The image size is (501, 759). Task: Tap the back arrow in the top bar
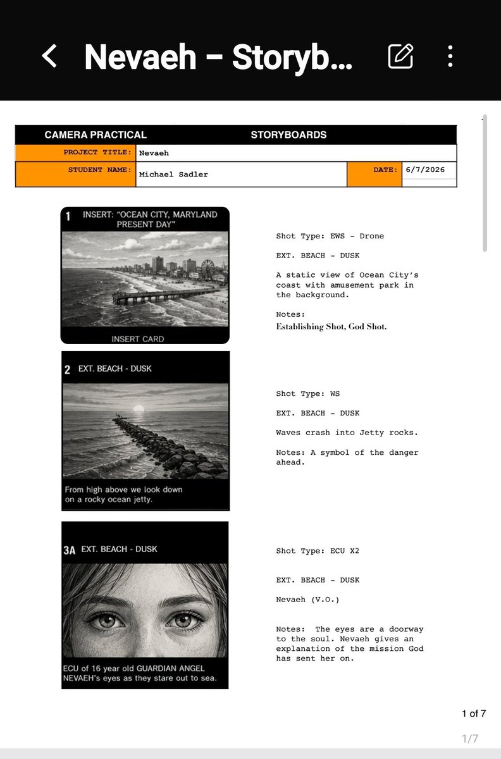(x=49, y=56)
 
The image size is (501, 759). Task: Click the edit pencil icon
(x=400, y=56)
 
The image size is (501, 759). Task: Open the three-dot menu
(x=450, y=56)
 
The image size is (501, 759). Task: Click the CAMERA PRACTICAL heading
(x=96, y=135)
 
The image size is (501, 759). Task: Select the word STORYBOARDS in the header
(x=289, y=135)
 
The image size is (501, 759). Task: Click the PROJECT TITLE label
(x=97, y=152)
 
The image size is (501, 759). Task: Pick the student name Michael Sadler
(x=173, y=174)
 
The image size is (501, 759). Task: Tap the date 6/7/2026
(x=425, y=170)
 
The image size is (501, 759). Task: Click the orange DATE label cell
(x=374, y=174)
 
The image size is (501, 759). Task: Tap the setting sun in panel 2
(x=139, y=409)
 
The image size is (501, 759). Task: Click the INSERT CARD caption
(x=138, y=339)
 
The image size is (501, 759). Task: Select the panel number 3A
(x=70, y=550)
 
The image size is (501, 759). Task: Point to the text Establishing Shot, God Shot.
(x=331, y=326)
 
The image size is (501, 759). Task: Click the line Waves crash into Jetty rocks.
(x=347, y=433)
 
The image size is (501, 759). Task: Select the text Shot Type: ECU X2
(x=318, y=551)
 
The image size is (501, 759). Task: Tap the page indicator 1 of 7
(x=474, y=713)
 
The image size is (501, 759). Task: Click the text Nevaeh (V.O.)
(x=307, y=600)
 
